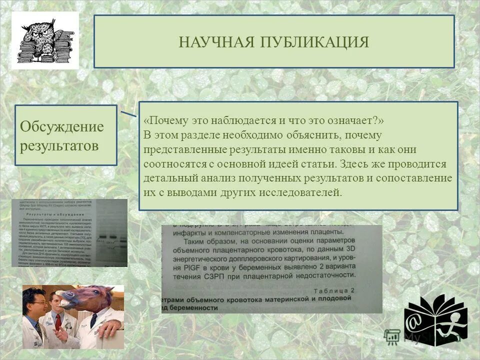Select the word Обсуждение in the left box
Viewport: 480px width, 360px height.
[62, 126]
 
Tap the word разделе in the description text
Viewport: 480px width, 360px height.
[195, 135]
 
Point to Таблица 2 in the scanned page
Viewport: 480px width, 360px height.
[334, 290]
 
